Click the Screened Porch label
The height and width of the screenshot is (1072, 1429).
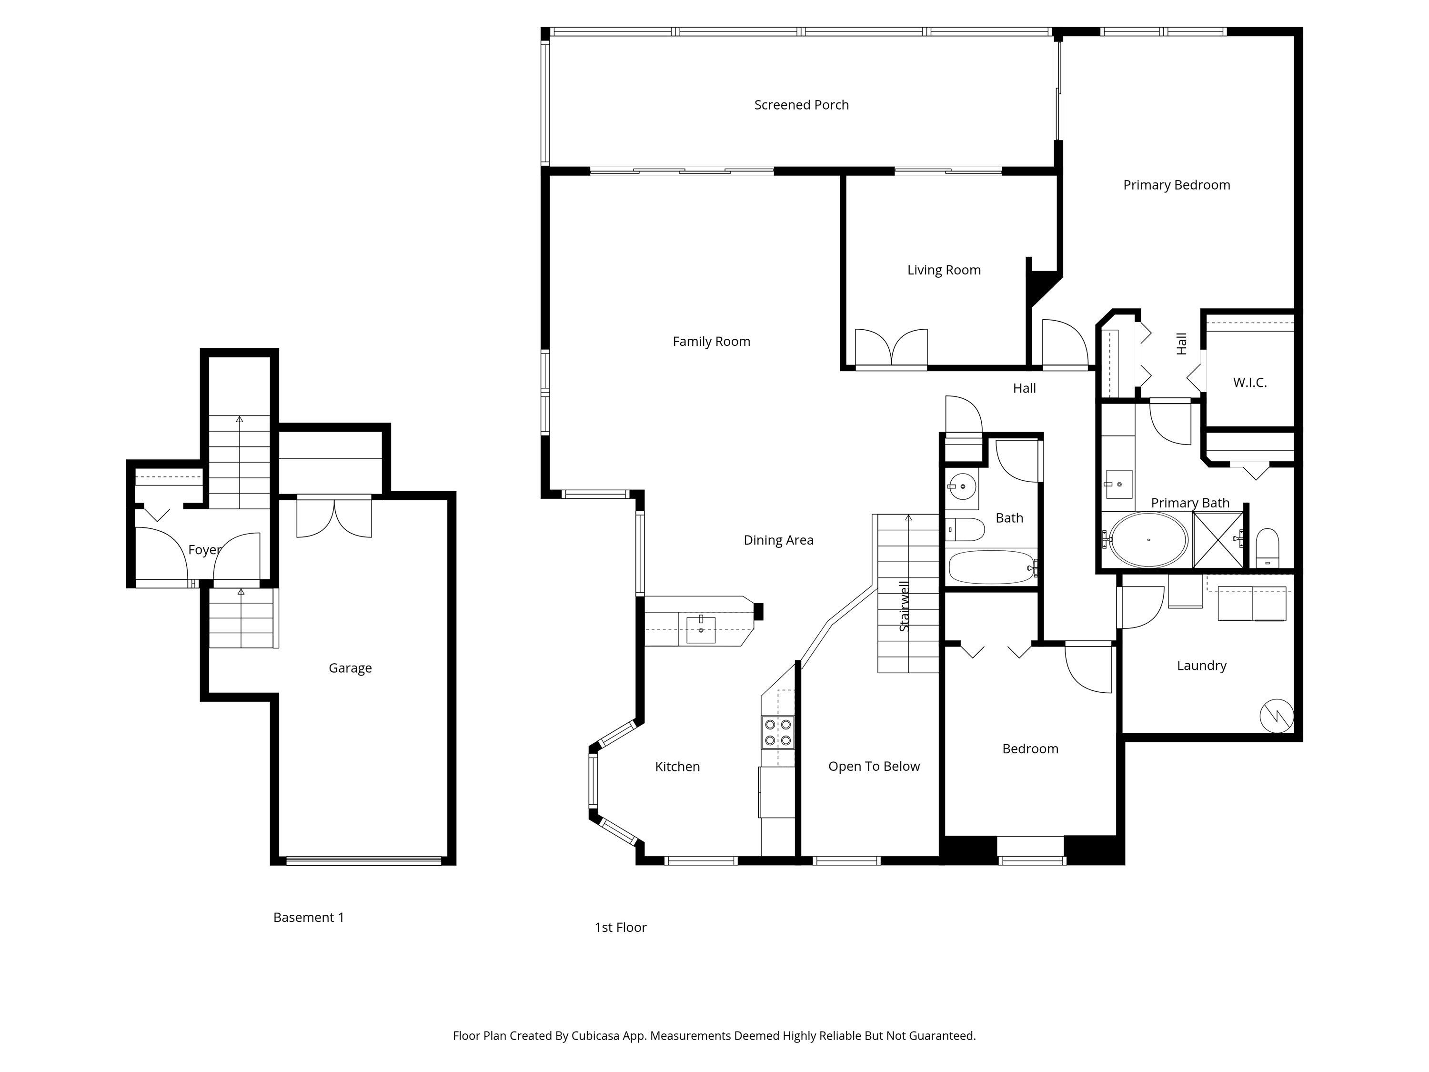(x=801, y=105)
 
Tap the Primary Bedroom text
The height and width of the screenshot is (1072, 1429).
(x=1177, y=185)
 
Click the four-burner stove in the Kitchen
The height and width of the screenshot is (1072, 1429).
(x=778, y=732)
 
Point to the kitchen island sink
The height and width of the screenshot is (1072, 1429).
(x=701, y=629)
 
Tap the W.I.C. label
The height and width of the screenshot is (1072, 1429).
(x=1249, y=383)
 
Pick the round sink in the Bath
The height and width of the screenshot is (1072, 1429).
(x=963, y=486)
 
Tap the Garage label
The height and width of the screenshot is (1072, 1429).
(x=350, y=668)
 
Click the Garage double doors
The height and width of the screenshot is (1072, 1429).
(x=334, y=517)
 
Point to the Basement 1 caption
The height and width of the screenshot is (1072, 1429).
(x=308, y=918)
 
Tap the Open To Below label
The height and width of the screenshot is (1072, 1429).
(x=874, y=766)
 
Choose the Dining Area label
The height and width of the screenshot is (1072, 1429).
(x=778, y=540)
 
